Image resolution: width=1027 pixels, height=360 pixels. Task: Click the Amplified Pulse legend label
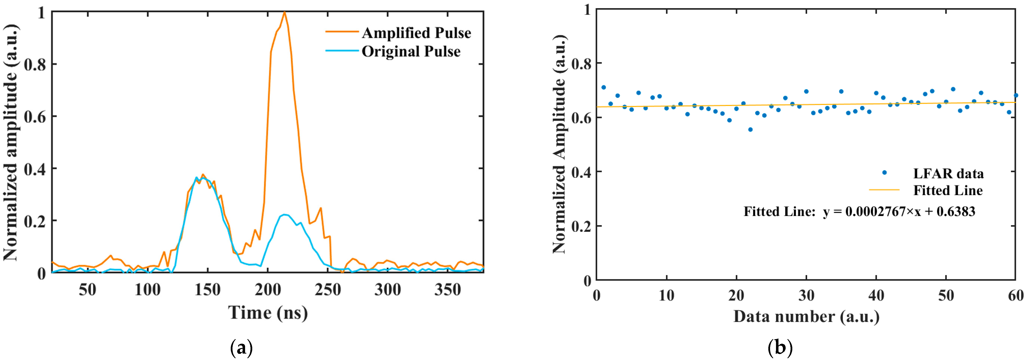click(x=416, y=33)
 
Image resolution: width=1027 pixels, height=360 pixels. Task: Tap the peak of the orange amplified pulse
click(x=284, y=12)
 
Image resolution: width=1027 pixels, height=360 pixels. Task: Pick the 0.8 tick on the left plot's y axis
click(x=35, y=64)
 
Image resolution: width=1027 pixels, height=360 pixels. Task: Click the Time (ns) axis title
click(x=268, y=313)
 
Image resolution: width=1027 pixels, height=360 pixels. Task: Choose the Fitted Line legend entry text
click(x=948, y=191)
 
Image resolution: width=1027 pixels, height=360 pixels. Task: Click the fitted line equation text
click(x=859, y=211)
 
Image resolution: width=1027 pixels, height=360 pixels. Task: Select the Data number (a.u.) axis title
click(x=806, y=317)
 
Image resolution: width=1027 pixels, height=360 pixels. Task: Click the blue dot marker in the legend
click(x=884, y=173)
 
